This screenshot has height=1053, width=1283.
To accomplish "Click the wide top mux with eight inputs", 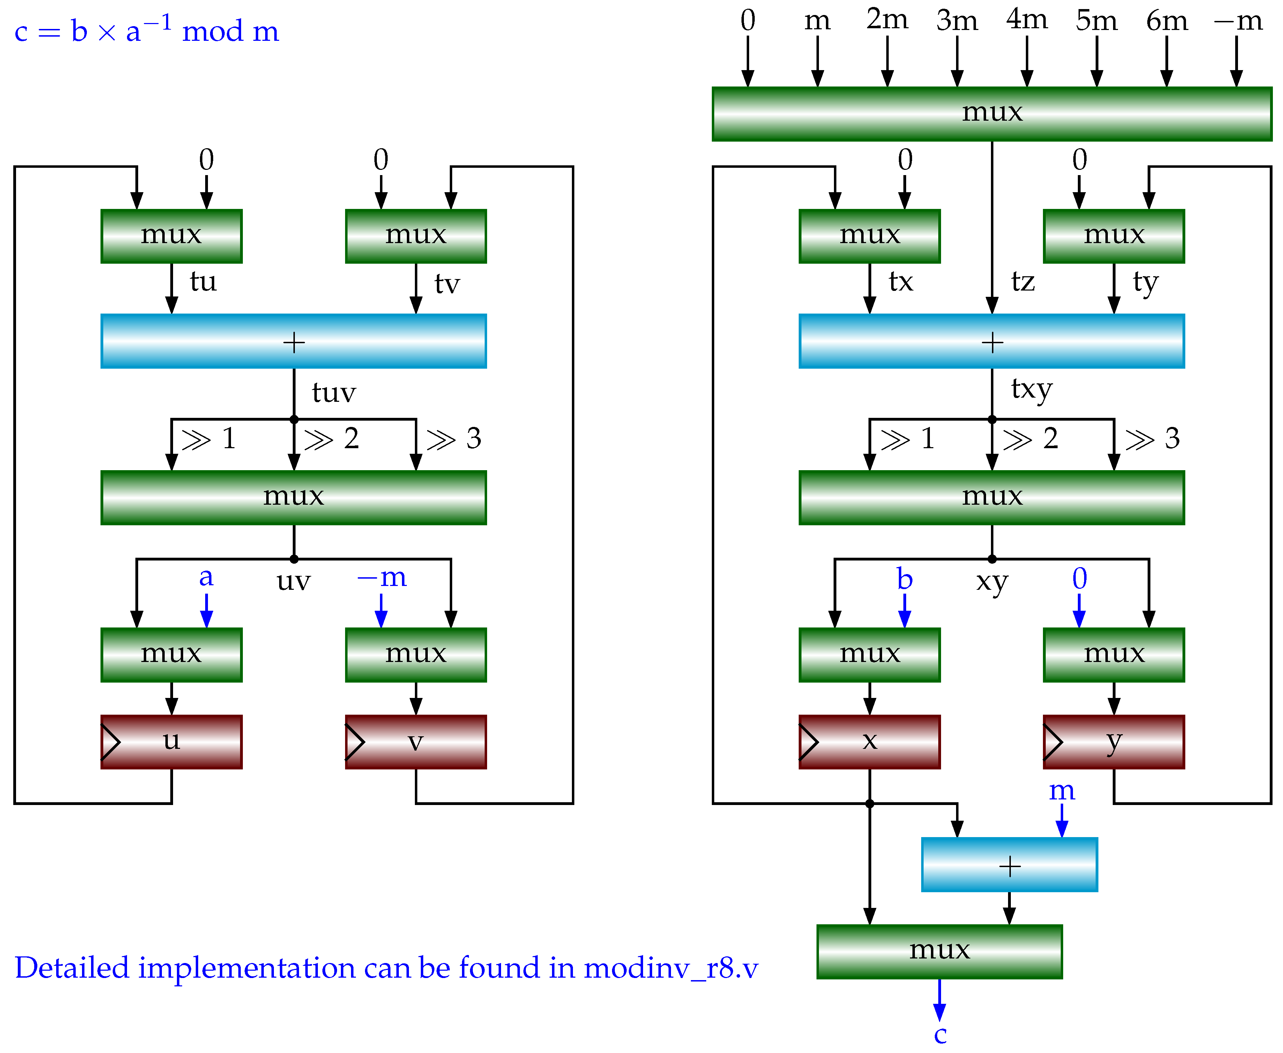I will (x=992, y=114).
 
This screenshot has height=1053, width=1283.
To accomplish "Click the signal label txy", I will (x=1031, y=389).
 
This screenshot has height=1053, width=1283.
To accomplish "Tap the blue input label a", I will (x=206, y=577).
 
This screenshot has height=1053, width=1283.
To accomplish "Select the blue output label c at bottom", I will (x=940, y=1035).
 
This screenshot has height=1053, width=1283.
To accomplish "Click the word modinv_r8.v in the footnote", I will (x=671, y=968).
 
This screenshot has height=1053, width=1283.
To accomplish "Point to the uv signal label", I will (x=294, y=581).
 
